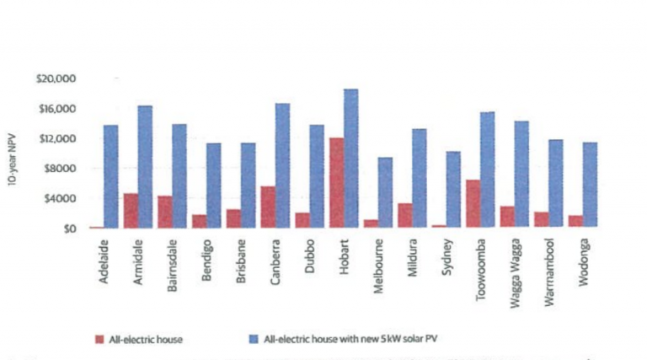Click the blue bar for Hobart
pyautogui.click(x=350, y=159)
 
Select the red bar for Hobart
pyautogui.click(x=336, y=182)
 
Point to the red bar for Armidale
pyautogui.click(x=131, y=211)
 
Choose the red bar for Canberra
pyautogui.click(x=268, y=207)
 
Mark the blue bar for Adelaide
pyautogui.click(x=110, y=176)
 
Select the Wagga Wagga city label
pyautogui.click(x=514, y=265)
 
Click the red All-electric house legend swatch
pyautogui.click(x=99, y=340)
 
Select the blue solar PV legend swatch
pyautogui.click(x=254, y=340)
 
